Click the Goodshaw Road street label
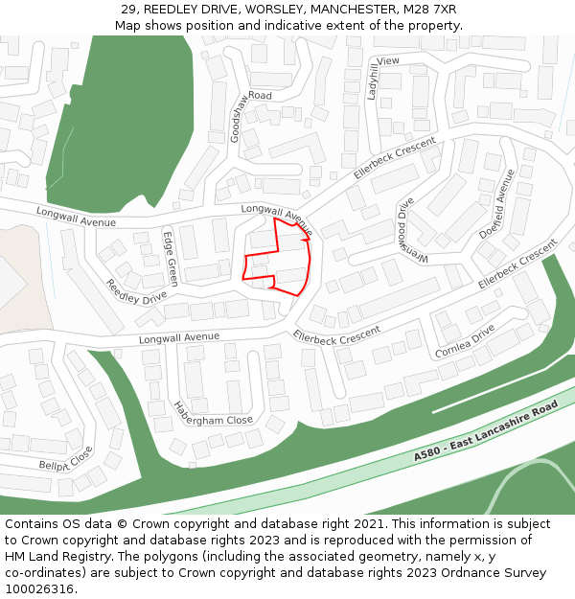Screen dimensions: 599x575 coord(247,113)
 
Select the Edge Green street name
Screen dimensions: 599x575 coord(170,258)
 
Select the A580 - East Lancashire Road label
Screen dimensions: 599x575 coord(486,432)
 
